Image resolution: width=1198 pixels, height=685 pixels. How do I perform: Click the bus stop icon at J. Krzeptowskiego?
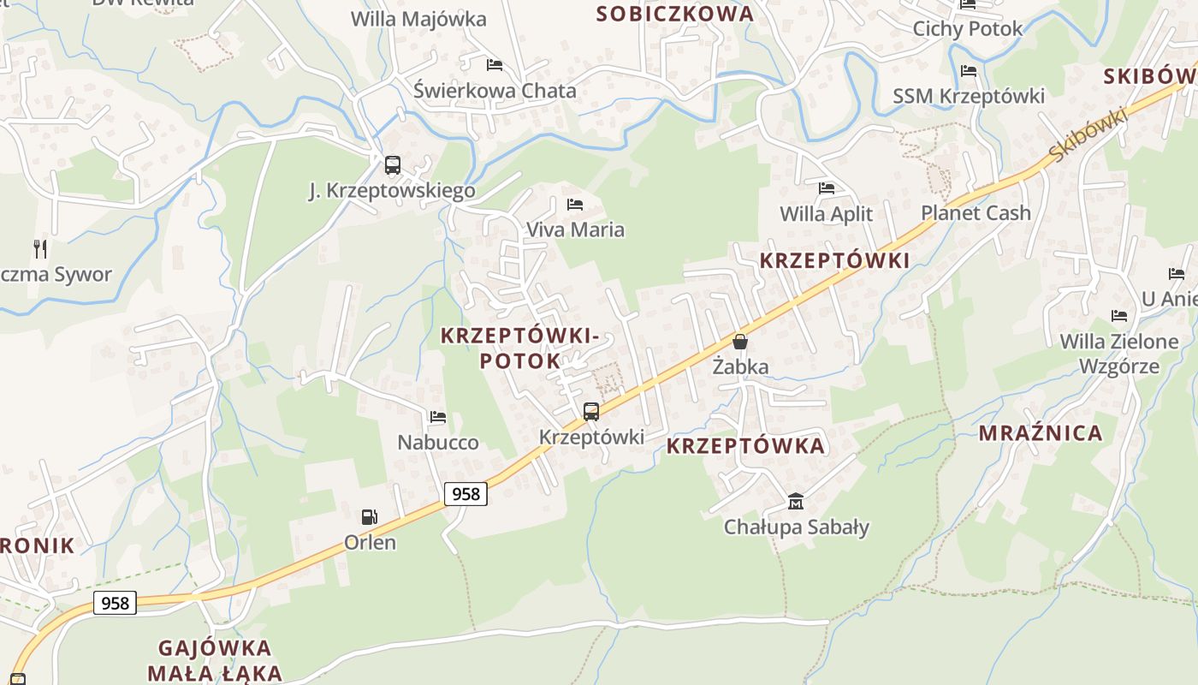click(x=392, y=164)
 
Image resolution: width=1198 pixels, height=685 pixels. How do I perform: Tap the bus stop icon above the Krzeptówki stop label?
click(x=590, y=411)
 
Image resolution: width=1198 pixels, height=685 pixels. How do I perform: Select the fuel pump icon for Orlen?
click(x=370, y=516)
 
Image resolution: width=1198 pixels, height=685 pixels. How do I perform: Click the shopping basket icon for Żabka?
click(x=740, y=341)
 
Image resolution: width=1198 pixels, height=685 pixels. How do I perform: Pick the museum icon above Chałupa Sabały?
click(x=796, y=501)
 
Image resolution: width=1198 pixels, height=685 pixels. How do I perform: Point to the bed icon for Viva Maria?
click(x=575, y=204)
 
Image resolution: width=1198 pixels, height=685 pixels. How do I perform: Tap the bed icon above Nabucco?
click(x=438, y=417)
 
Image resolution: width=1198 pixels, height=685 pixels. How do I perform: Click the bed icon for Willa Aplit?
click(x=826, y=188)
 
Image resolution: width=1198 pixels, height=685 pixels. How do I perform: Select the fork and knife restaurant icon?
click(x=40, y=248)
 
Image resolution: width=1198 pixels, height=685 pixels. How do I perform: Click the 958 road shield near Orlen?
click(x=466, y=493)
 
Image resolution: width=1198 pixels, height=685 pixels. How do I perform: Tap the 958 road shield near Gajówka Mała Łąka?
click(x=115, y=603)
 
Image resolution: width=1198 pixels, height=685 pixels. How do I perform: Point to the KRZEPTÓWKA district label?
click(x=745, y=446)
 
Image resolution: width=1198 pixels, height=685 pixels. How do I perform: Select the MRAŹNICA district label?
click(x=1041, y=433)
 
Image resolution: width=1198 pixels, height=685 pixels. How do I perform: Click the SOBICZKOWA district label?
click(x=675, y=14)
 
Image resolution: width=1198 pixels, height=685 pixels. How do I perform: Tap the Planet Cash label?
click(x=976, y=213)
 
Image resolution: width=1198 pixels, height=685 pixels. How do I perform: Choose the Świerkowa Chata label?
click(x=495, y=91)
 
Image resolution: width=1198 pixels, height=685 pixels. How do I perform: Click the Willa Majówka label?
click(x=418, y=19)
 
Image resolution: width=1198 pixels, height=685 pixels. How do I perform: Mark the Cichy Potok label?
click(x=967, y=29)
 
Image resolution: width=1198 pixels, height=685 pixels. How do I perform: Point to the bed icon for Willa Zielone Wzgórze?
click(x=1118, y=315)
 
